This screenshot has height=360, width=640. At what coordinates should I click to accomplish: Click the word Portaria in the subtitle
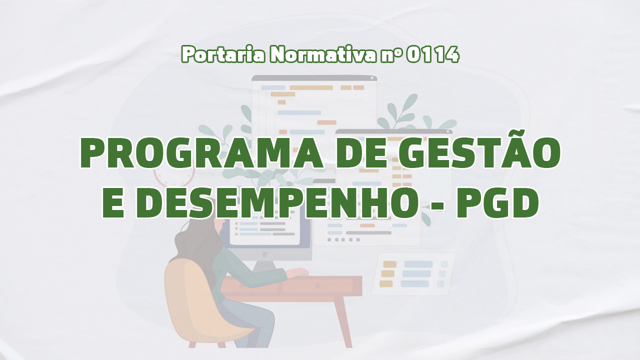[x=223, y=54]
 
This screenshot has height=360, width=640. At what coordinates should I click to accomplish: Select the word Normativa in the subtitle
[x=323, y=54]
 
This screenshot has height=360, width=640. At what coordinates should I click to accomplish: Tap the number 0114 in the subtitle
[x=433, y=54]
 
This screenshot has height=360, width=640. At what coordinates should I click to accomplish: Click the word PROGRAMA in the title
[x=201, y=153]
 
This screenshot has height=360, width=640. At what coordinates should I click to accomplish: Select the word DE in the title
[x=361, y=153]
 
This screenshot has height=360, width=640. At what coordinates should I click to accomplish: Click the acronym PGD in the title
[x=497, y=203]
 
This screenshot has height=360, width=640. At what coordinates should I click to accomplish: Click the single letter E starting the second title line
[x=113, y=203]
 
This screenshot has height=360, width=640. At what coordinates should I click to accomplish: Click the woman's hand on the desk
[x=298, y=272]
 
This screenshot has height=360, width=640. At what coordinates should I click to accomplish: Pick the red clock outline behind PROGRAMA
[x=174, y=175]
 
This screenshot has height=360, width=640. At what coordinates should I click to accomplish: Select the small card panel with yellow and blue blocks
[x=413, y=273]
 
